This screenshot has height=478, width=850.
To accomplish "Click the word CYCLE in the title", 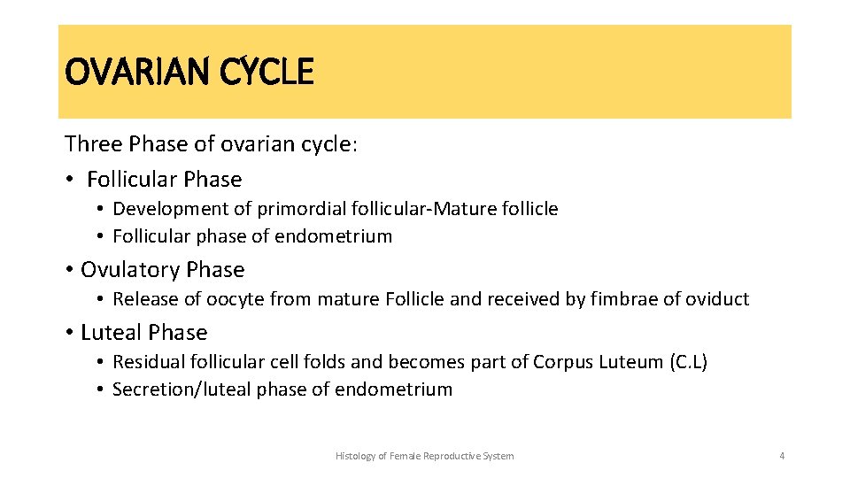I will (268, 72).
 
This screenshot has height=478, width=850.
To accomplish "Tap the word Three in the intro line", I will (93, 144).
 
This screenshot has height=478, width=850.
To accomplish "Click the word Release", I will (142, 299).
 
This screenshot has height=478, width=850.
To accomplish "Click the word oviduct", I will (715, 299).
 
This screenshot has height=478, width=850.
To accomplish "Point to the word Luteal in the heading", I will (111, 332).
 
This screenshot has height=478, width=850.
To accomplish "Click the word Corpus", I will (562, 362).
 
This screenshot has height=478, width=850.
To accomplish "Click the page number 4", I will (782, 456).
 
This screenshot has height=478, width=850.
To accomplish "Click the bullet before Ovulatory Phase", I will (69, 269).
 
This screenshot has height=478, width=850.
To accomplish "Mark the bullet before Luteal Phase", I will (69, 332).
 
